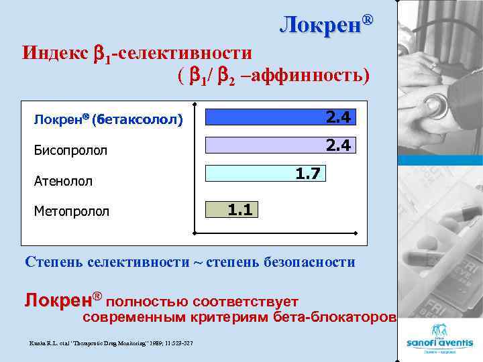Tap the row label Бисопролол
tap(70, 150)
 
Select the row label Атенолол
tap(63, 181)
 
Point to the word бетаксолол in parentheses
tap(141, 120)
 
